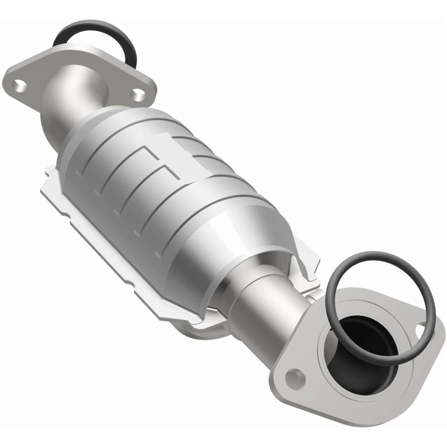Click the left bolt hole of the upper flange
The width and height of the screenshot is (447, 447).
click(20, 85)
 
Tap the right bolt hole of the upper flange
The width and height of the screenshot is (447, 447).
click(137, 95)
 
